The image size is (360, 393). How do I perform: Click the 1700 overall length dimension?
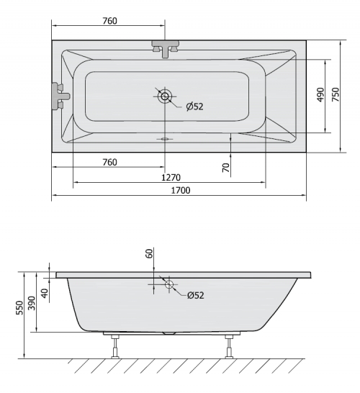[x=181, y=191]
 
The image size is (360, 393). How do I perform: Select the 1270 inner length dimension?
[x=171, y=178]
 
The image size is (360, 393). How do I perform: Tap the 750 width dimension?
[x=336, y=95]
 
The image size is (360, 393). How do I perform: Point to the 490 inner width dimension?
[x=320, y=95]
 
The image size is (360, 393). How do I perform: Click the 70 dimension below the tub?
[x=226, y=168]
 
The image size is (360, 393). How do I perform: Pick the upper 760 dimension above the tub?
[x=110, y=21]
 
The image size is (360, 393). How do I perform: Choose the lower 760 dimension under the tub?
[x=110, y=163]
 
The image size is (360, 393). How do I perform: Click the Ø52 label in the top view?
[x=195, y=107]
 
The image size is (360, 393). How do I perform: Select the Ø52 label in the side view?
[x=196, y=296]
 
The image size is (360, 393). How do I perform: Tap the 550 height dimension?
[x=19, y=308]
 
